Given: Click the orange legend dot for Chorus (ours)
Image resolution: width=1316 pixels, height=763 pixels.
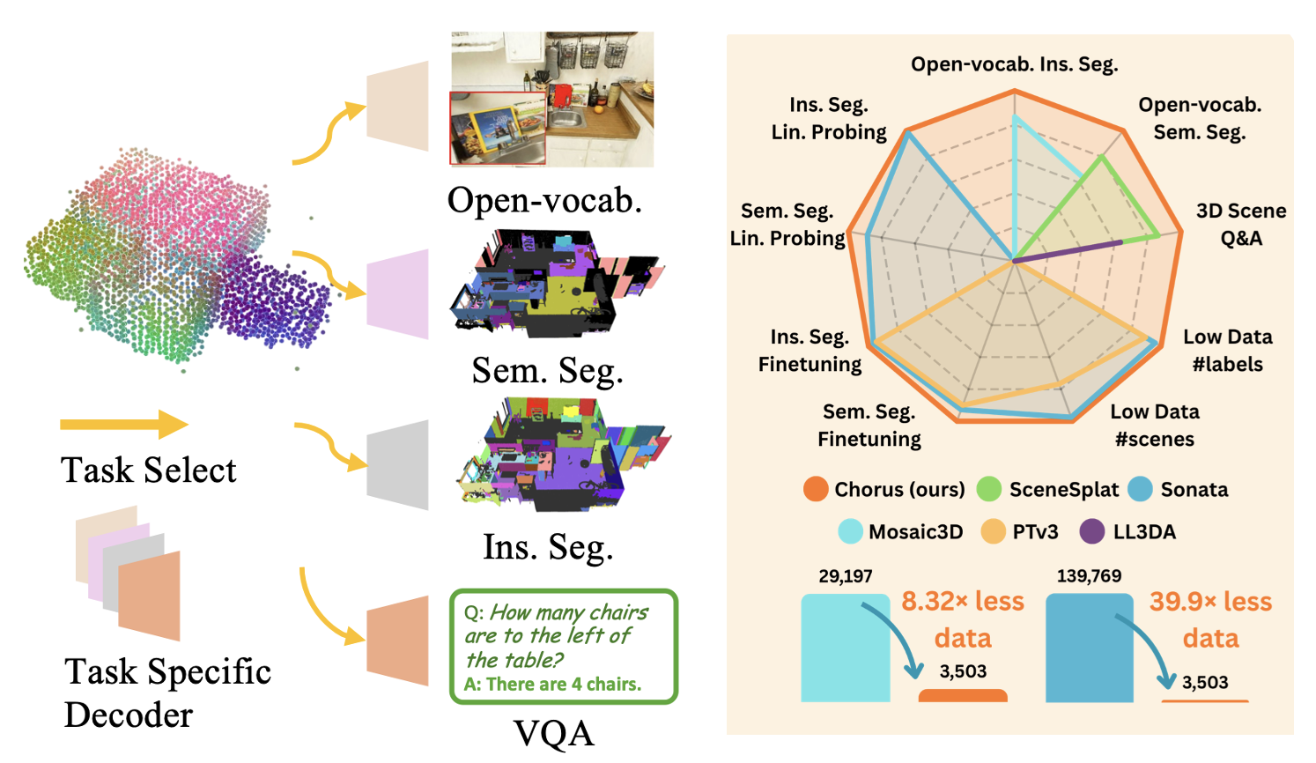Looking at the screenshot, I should tap(816, 489).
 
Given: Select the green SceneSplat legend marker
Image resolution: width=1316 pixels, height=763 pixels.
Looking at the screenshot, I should tap(989, 489).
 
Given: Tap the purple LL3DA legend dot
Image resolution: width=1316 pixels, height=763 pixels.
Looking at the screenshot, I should tap(1092, 531).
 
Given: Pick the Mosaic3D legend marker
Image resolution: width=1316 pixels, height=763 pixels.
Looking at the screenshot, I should tap(850, 531).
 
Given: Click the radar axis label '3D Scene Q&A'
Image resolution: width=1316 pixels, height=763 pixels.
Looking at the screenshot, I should tap(1240, 225).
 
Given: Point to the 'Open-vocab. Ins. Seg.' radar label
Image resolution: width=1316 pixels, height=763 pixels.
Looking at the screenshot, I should tap(1014, 64).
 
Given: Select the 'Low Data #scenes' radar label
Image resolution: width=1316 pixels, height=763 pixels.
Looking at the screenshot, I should tap(1154, 426).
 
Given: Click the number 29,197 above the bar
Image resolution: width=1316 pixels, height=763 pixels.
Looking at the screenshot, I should tap(845, 576).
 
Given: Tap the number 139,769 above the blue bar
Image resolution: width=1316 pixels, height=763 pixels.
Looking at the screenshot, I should tap(1089, 576).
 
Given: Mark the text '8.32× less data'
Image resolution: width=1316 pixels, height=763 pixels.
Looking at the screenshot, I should tap(963, 619).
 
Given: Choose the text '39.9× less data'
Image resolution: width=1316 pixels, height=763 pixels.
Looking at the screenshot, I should tap(1210, 619).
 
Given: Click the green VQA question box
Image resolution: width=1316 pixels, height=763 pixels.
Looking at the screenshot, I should tap(563, 647).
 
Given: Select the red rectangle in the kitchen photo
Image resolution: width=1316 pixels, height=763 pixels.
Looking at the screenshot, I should tap(498, 129).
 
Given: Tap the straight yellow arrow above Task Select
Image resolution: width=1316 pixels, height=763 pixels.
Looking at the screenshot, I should tap(123, 425).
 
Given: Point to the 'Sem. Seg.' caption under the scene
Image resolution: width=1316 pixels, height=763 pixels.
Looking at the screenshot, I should tap(547, 371).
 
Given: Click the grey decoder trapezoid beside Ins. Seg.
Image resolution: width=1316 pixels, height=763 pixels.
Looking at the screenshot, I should tap(398, 464).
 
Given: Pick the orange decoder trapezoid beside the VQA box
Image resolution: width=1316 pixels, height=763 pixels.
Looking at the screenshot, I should tap(398, 641).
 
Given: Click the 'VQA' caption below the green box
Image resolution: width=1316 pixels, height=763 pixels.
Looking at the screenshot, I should tap(553, 733).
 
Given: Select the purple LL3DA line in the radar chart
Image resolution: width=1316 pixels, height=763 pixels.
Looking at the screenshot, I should tap(1068, 251).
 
